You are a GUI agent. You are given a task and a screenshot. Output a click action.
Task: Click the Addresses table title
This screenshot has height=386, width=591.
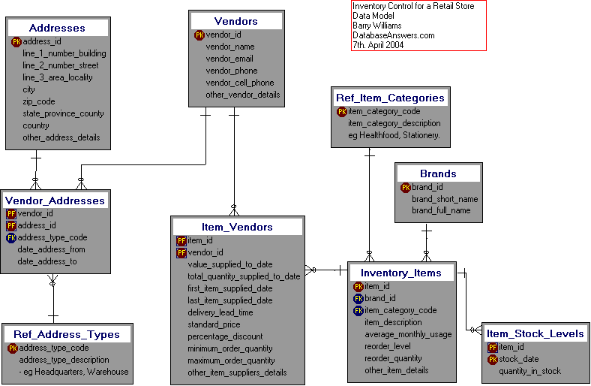click(57, 28)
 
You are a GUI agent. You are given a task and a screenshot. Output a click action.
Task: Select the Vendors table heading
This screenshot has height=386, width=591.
click(235, 21)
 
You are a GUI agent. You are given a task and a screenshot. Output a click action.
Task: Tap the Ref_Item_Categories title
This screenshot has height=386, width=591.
click(390, 98)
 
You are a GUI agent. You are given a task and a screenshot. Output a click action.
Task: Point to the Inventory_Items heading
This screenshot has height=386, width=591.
click(401, 273)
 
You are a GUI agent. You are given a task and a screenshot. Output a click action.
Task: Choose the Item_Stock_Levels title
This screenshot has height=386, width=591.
click(535, 333)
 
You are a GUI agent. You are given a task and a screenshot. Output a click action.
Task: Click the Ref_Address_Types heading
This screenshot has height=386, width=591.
click(67, 334)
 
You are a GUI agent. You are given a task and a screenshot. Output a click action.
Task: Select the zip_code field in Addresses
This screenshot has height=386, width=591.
click(38, 101)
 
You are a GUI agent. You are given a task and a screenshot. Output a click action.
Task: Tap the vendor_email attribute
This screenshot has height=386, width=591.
click(229, 59)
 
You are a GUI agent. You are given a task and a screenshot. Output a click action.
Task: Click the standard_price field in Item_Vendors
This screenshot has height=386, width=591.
click(214, 324)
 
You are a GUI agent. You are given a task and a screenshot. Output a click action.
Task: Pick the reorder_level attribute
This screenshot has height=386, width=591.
click(387, 346)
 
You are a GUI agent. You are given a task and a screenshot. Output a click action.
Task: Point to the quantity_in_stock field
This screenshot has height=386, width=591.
click(529, 371)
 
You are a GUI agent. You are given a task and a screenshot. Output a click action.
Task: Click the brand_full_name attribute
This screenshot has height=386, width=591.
click(441, 210)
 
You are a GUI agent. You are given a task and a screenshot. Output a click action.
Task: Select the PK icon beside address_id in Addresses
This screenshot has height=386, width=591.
click(16, 41)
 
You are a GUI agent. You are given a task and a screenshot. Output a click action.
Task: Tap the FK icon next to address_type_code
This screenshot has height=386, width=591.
click(11, 237)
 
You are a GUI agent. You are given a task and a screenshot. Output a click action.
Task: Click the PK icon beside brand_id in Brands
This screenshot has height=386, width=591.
click(406, 187)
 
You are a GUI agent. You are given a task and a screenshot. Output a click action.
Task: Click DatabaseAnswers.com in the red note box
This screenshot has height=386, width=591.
click(393, 35)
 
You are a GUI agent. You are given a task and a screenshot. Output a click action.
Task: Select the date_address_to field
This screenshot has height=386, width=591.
click(46, 261)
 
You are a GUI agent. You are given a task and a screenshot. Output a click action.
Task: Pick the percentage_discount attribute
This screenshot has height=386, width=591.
click(225, 336)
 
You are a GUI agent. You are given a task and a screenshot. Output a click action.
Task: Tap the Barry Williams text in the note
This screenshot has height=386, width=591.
click(376, 26)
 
